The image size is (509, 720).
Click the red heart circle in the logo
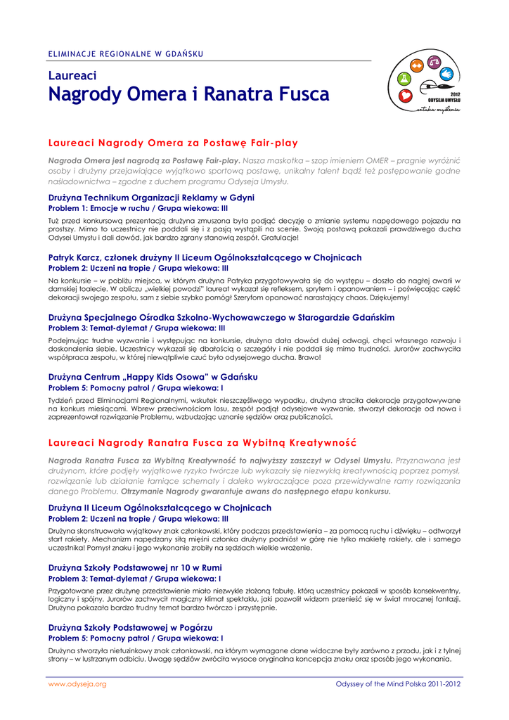[x=405, y=96]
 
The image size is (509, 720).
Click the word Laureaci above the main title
[x=72, y=75]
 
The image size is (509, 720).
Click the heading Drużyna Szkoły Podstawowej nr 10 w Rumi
[x=145, y=567]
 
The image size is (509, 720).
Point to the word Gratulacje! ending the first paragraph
[x=276, y=238]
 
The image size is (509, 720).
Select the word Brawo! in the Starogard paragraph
[x=310, y=358]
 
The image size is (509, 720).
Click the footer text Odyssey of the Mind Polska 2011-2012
[x=398, y=684]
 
